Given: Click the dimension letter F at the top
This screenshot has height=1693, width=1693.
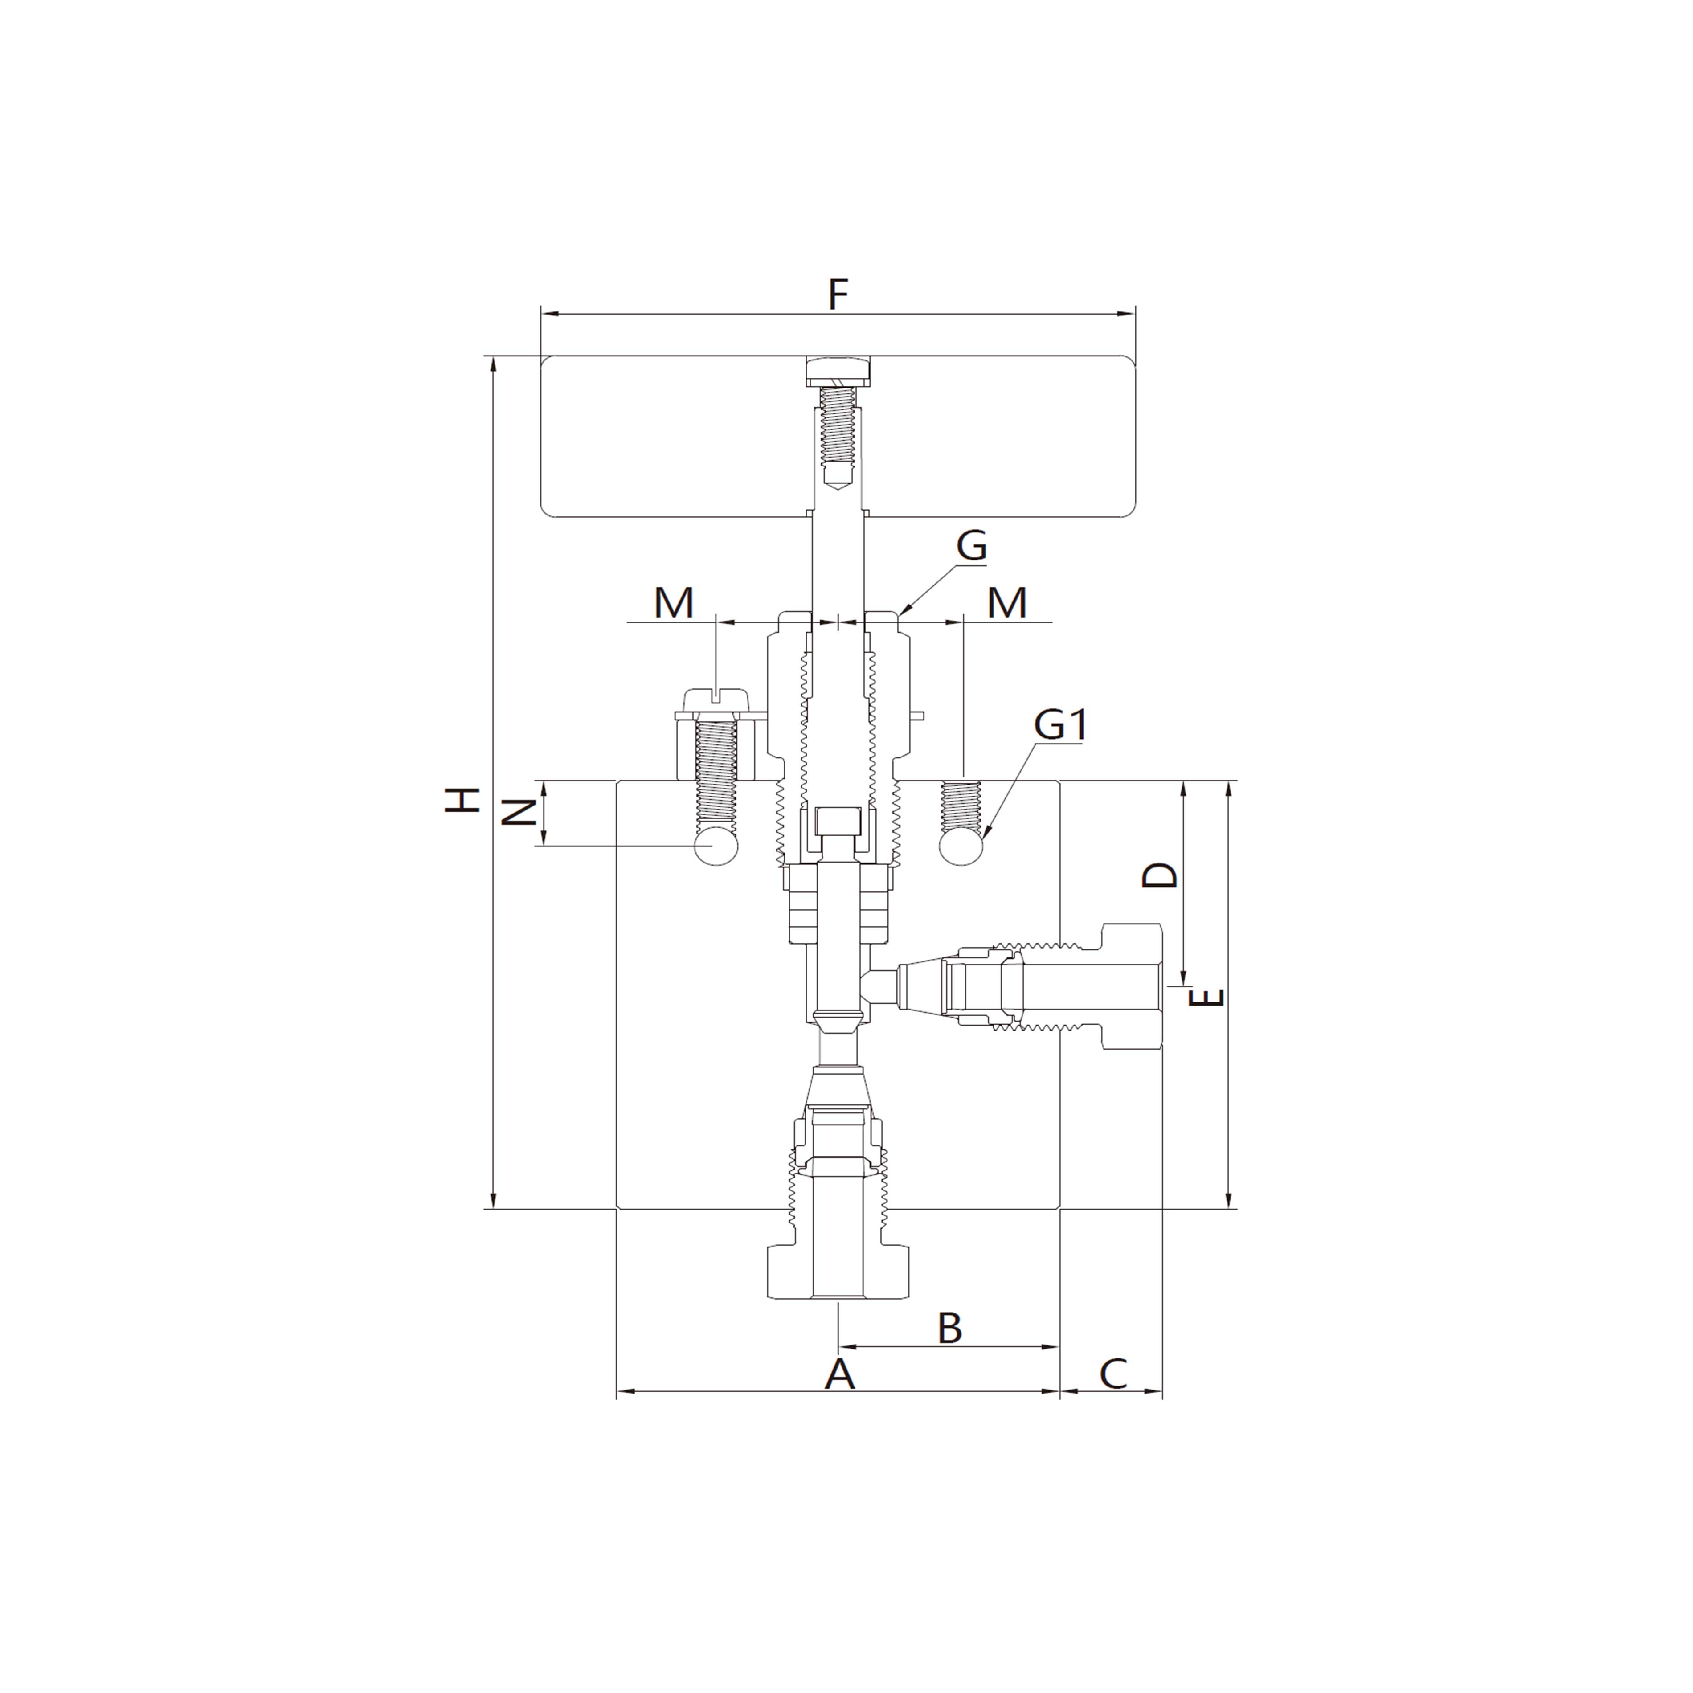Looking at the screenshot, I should click(x=838, y=295).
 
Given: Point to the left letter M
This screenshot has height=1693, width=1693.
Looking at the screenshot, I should click(x=674, y=604).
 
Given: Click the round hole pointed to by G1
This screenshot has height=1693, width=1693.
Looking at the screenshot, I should click(x=961, y=846).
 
